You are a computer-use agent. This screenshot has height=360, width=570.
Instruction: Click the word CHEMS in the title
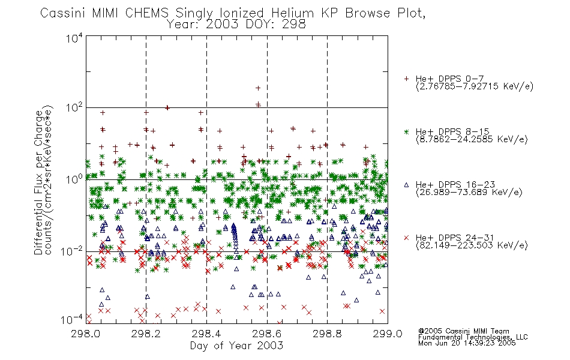coord(147,13)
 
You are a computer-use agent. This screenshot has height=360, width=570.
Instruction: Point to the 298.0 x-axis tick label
coord(86,334)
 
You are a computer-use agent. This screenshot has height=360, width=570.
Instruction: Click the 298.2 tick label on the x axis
coord(146,334)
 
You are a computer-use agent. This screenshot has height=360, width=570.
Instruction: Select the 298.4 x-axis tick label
coord(206,334)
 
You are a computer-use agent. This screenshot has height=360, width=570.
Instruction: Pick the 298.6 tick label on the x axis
coord(267,334)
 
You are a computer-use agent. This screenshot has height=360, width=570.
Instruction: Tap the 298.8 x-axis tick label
coord(327,334)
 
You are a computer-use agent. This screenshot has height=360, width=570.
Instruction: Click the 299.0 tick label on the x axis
coord(388,334)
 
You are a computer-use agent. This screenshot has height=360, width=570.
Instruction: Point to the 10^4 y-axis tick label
coord(74,38)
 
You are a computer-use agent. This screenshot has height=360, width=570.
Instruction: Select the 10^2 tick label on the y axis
coord(74,107)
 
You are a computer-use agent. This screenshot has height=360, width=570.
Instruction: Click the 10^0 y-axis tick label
coord(74,179)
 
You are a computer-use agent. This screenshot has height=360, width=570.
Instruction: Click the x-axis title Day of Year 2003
coord(236,346)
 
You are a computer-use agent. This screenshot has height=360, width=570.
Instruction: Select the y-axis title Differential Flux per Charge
coord(38,182)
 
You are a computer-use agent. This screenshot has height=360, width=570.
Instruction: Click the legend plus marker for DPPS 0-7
coord(406,79)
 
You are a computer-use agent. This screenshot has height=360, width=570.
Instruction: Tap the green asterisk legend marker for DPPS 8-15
coord(406,132)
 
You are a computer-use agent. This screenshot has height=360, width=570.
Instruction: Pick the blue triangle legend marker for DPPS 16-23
coord(406,185)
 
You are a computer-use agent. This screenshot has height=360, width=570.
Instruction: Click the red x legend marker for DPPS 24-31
coord(406,238)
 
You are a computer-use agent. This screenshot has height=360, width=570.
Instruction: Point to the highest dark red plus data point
coord(258,88)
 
